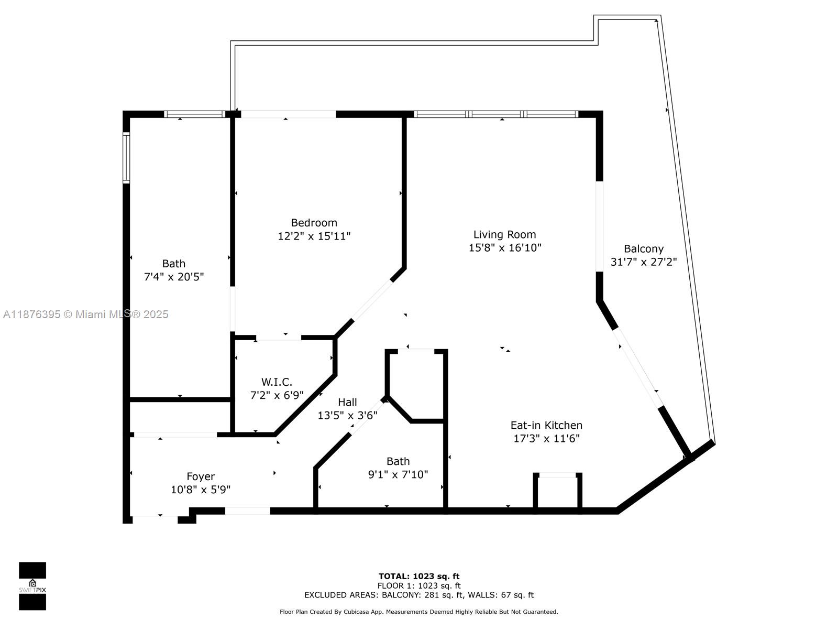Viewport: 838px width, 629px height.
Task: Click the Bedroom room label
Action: (314, 223)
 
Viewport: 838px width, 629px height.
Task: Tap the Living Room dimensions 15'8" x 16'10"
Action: (504, 248)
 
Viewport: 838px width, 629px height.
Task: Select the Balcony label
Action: (643, 249)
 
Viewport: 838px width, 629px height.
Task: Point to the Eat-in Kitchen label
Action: (546, 425)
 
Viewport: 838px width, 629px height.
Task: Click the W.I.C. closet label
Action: (277, 382)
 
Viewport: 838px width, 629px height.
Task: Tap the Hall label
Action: (347, 402)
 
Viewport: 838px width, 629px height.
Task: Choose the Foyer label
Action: (201, 476)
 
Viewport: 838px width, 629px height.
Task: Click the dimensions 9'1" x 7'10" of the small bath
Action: (398, 475)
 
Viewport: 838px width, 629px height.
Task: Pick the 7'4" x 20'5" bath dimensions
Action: (173, 277)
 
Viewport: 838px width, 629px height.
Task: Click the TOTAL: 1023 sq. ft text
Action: (418, 576)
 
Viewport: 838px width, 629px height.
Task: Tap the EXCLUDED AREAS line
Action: (418, 595)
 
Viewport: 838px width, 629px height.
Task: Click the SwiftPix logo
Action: (32, 586)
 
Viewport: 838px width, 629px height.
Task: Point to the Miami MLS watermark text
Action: (85, 314)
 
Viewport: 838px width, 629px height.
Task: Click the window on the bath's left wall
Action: (126, 158)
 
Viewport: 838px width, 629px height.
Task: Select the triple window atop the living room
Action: (495, 114)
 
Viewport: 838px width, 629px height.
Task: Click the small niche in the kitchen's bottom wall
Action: (557, 492)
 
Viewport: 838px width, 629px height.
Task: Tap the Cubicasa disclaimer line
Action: (418, 612)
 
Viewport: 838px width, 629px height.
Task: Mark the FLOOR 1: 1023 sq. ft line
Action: (418, 585)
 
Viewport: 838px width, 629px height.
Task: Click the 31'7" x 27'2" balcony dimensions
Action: (643, 262)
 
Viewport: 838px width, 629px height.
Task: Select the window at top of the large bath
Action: (194, 114)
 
